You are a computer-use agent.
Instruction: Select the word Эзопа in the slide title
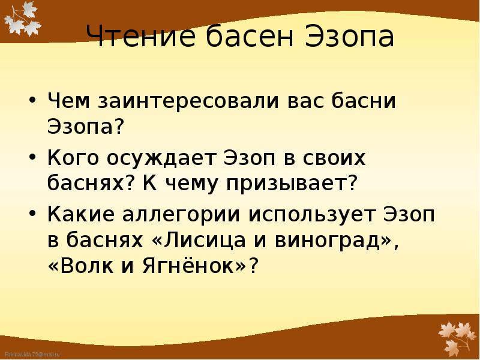click(349, 38)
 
